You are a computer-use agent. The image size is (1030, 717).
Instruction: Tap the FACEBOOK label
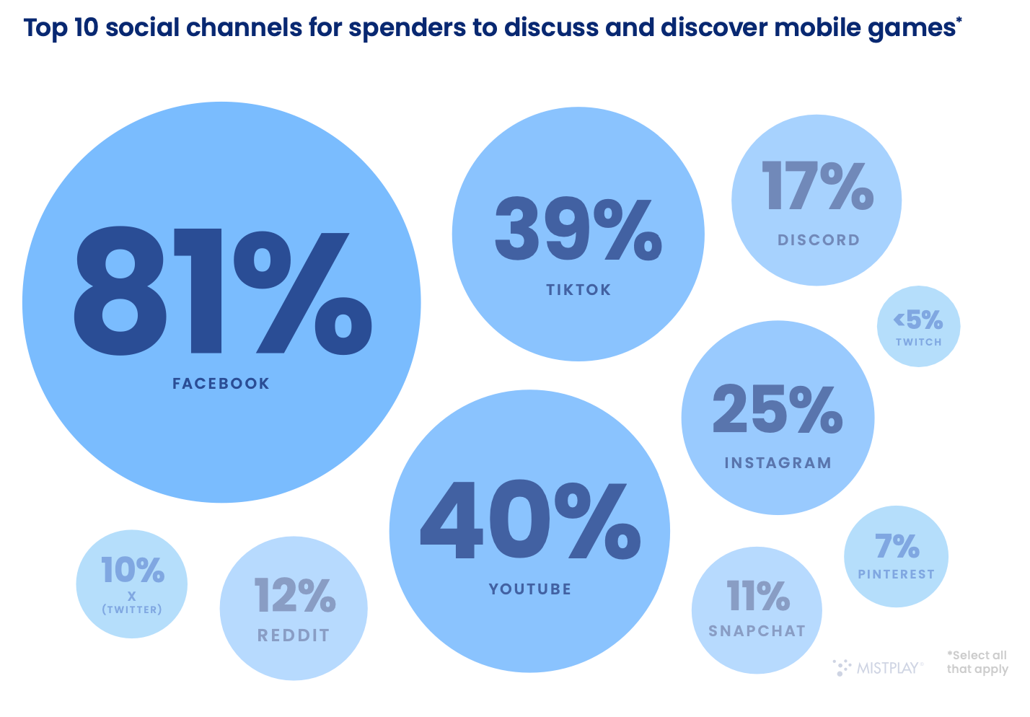click(221, 384)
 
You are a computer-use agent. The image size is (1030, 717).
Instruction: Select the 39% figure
click(578, 229)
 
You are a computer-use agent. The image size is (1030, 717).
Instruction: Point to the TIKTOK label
click(578, 290)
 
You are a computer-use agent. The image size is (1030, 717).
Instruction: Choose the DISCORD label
click(819, 240)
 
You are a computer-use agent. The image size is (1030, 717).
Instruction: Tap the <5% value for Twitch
click(918, 320)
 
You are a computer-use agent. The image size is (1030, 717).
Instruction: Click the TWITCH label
click(919, 342)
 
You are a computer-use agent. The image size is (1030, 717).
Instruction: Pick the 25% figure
click(778, 409)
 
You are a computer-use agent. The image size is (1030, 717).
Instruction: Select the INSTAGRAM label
click(778, 463)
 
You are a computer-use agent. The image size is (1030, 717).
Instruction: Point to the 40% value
click(530, 521)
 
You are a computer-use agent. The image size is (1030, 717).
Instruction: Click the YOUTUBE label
click(530, 589)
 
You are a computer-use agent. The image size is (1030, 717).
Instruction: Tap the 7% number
click(897, 546)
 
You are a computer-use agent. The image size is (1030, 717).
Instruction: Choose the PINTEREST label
click(896, 574)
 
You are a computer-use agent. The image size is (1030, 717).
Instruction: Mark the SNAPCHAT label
click(757, 631)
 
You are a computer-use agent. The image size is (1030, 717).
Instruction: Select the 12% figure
click(294, 596)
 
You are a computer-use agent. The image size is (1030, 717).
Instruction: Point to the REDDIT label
click(294, 635)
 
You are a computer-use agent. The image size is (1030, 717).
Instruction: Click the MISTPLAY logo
click(879, 668)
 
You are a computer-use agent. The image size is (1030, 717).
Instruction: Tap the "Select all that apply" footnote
click(977, 662)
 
